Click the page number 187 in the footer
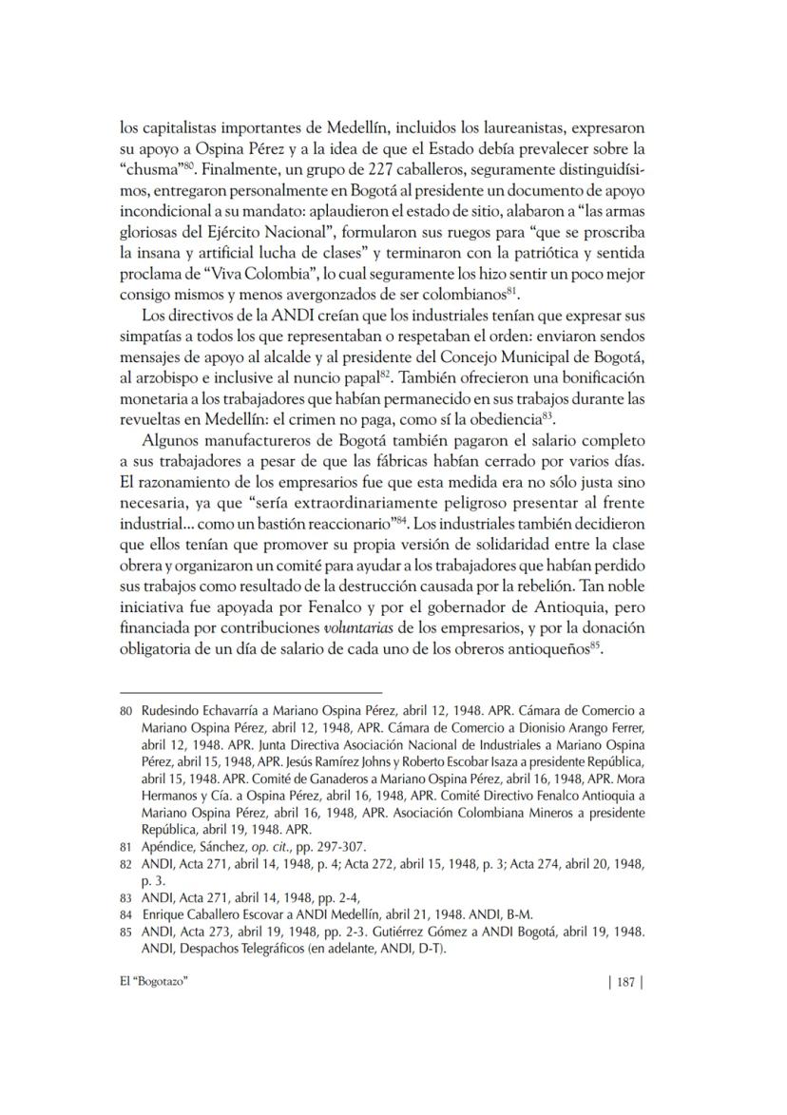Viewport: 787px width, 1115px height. coord(624,984)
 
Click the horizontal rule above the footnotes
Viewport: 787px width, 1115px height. coord(249,692)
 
